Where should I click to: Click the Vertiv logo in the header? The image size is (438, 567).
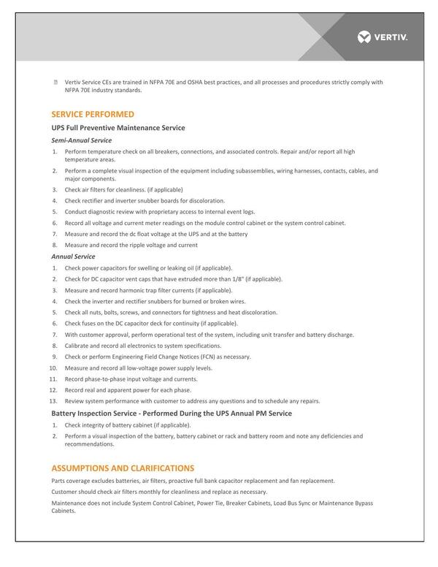[383, 37]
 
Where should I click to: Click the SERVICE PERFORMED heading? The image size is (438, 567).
[93, 115]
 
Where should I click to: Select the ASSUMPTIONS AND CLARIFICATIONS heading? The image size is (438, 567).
[123, 468]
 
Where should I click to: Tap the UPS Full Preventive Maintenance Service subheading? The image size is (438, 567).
[118, 128]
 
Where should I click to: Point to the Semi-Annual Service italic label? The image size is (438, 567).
[81, 140]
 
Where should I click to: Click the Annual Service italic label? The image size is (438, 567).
[73, 256]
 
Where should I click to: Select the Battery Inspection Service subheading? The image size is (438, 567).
[172, 414]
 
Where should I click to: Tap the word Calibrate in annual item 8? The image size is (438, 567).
[77, 346]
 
